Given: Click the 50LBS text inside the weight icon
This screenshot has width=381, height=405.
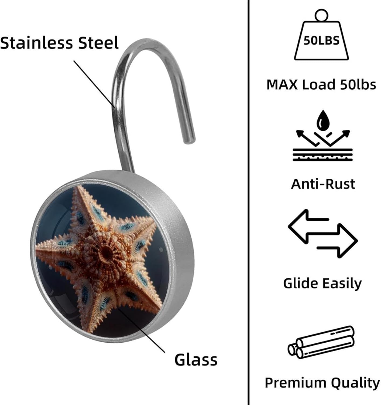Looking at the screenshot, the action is point(321,40).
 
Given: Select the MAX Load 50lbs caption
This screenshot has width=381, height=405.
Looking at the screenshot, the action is point(321,84).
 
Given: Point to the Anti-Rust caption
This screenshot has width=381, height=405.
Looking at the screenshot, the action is point(323,184).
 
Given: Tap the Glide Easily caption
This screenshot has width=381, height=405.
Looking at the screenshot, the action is point(322,283).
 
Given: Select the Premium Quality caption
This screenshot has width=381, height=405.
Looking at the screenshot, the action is point(322,383).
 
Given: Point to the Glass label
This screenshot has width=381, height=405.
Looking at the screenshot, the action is point(196,360).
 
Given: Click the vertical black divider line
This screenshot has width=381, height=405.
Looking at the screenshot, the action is point(248,202).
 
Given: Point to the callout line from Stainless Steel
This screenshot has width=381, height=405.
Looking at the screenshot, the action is point(94,84).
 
